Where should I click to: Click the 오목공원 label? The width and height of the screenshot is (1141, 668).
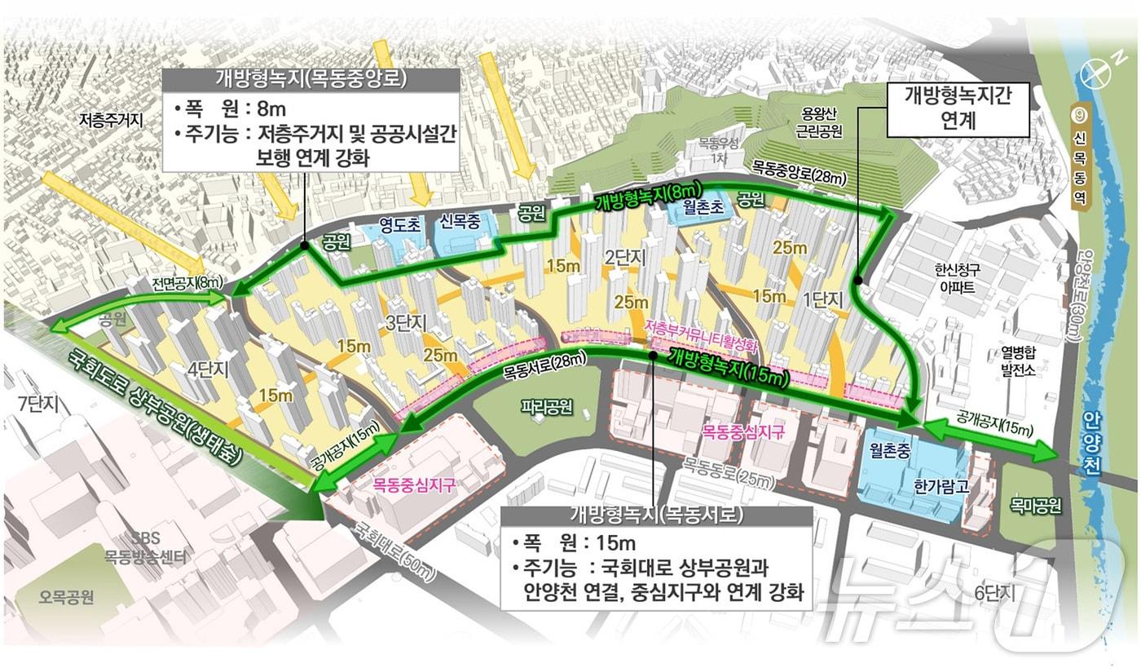pos(67,596)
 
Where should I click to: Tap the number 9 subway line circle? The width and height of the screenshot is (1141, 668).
pos(1080,116)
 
